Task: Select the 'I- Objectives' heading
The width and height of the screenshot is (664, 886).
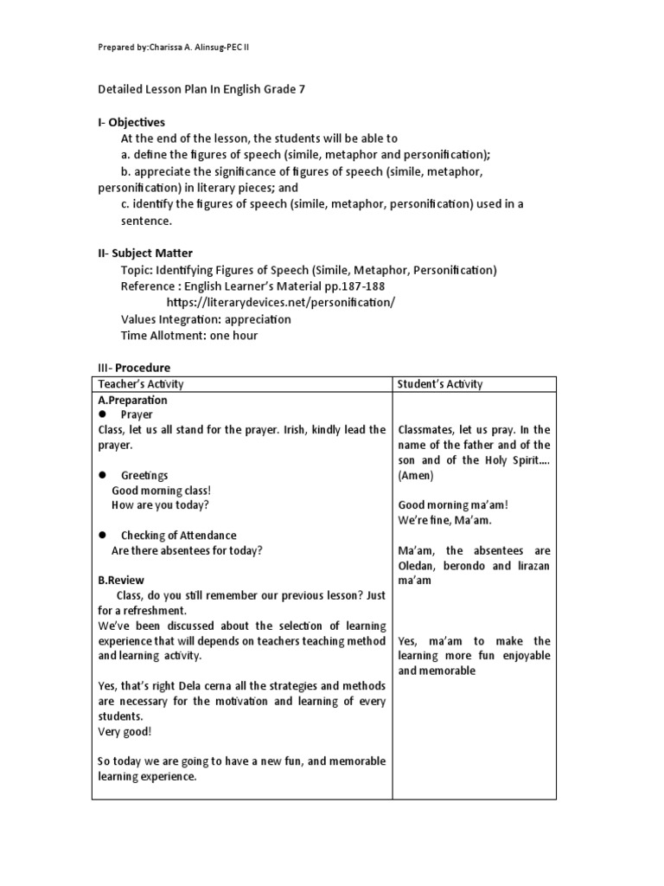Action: point(131,122)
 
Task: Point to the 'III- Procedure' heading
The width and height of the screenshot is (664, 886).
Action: point(133,367)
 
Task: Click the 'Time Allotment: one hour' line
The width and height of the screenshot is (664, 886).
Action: point(189,335)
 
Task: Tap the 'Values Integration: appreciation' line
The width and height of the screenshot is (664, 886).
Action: point(206,318)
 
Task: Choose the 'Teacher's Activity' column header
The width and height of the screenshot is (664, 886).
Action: point(141,384)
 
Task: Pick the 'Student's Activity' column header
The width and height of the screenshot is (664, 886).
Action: point(440,384)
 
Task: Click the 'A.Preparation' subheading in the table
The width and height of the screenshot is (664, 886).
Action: point(132,401)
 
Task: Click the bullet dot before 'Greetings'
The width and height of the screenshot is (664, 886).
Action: point(102,475)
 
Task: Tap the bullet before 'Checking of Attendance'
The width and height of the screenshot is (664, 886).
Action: point(102,536)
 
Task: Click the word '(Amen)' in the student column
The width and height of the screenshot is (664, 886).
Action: point(418,475)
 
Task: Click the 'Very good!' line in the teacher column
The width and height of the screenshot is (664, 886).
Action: point(124,731)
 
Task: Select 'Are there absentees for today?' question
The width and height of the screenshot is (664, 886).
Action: point(188,550)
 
